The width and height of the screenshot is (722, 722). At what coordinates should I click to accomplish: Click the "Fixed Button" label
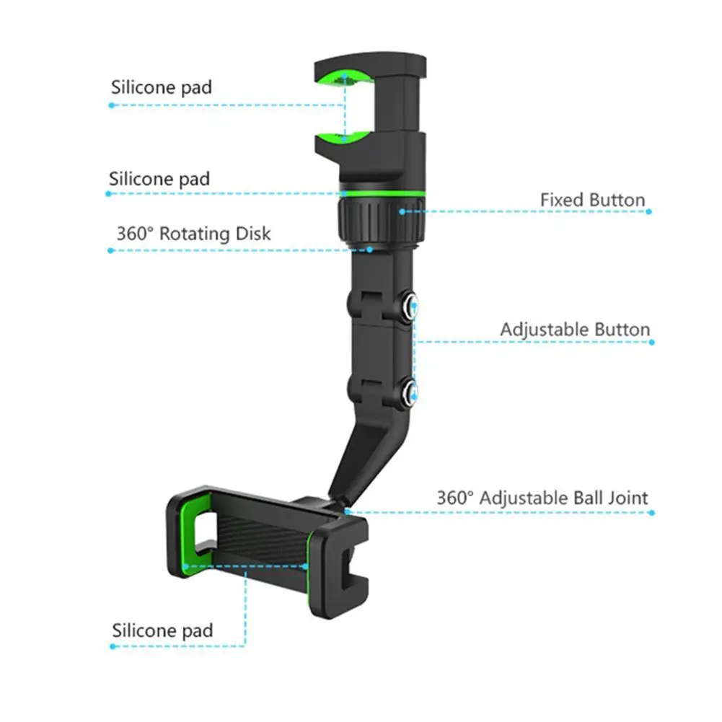coord(592,200)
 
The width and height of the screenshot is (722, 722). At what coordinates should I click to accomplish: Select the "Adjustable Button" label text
coord(575,330)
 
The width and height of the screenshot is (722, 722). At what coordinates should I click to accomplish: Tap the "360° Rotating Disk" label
coord(193,234)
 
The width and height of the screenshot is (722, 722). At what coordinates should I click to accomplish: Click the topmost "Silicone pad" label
coord(162,87)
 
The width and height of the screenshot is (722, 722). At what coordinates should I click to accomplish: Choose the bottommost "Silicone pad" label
coord(162,630)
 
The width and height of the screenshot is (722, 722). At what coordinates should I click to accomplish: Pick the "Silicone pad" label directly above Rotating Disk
coord(159,179)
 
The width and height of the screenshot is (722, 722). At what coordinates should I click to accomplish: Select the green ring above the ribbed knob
coord(381,194)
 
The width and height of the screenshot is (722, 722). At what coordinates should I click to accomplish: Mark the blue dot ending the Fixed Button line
coord(648,211)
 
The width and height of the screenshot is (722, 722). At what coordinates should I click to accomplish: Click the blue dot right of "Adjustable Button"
coord(653,342)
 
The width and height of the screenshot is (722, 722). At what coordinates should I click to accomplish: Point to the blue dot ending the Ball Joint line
coord(651,513)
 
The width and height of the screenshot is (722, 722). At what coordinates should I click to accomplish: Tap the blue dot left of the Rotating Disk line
coord(110,250)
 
